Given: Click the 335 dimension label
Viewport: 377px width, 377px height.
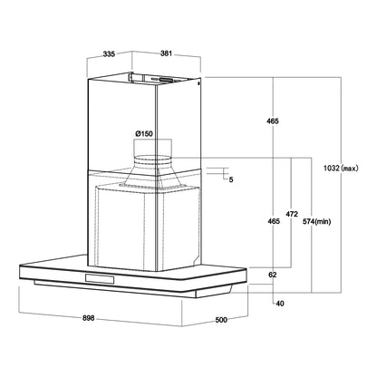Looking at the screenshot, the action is (x=109, y=54).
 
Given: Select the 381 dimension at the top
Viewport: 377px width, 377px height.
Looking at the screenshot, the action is (x=166, y=53).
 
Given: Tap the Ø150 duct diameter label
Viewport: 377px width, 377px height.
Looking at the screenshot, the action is (x=144, y=133).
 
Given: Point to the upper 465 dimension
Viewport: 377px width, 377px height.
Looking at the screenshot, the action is (x=273, y=121).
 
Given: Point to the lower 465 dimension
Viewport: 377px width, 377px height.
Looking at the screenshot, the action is (x=274, y=221).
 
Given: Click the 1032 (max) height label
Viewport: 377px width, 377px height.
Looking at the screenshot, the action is (x=341, y=169).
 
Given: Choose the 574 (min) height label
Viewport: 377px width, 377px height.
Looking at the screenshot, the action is (x=317, y=221).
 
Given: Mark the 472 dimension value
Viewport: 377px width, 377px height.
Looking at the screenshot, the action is (x=292, y=214).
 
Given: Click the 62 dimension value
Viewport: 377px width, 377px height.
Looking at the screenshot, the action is (x=273, y=275).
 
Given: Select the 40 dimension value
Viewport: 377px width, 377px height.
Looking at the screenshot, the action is (x=280, y=304).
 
